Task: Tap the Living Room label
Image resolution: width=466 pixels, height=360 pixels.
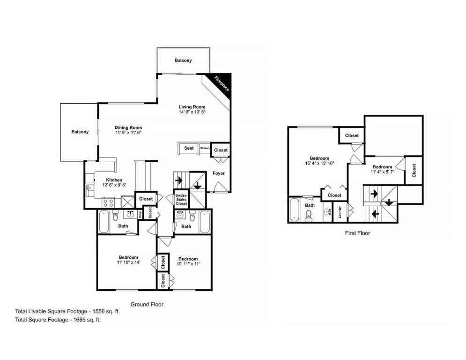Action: point(192,107)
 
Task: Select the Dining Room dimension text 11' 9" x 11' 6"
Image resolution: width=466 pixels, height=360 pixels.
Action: point(128,133)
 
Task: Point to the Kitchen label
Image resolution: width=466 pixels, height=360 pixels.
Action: point(114,180)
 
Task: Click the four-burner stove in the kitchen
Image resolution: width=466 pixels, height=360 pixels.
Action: point(108,202)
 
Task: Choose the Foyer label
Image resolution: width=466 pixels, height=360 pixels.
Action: point(218,173)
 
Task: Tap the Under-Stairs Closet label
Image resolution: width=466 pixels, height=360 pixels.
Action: point(181,200)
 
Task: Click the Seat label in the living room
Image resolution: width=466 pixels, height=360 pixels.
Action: point(189,148)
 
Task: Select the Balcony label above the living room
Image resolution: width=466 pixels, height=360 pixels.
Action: point(183,60)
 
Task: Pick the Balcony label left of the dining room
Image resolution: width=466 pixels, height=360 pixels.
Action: point(80,132)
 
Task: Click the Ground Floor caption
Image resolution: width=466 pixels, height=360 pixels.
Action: point(147,304)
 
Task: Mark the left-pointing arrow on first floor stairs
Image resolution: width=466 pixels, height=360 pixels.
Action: point(375,214)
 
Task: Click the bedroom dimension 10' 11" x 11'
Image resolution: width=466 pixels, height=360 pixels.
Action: point(188,264)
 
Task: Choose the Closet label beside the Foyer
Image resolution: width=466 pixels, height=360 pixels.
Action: point(221,150)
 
